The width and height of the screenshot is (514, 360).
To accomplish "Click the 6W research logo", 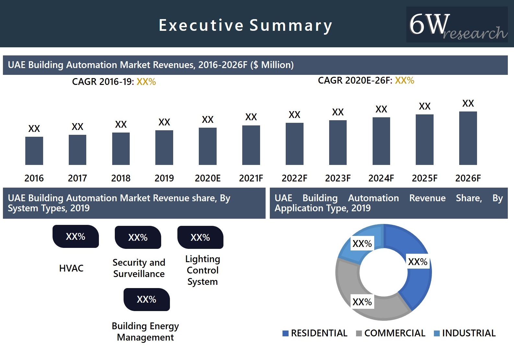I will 457,25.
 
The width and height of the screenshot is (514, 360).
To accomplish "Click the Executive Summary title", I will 245,25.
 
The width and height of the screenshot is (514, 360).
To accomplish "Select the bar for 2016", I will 34,151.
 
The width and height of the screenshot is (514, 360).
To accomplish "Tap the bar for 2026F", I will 468,138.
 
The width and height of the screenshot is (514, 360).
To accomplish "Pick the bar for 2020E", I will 208,146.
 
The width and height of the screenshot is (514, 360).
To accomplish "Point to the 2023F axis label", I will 338,178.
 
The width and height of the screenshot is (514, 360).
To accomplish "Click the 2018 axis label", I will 121,178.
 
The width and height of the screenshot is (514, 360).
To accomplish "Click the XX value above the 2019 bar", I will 164,122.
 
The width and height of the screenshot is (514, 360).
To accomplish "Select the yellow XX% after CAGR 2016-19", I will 146,82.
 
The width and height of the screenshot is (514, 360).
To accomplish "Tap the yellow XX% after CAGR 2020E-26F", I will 404,80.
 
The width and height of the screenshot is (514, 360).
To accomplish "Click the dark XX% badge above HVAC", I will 76,237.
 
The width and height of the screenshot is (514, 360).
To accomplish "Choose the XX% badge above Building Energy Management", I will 147,299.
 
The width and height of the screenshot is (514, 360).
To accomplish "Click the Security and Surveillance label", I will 139,268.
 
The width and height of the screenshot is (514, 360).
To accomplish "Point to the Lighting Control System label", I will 203,270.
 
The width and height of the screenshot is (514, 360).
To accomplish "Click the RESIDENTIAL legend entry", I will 315,333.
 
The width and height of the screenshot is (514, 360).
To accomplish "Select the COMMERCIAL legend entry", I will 391,333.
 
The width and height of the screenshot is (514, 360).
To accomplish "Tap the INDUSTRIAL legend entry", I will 465,333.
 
